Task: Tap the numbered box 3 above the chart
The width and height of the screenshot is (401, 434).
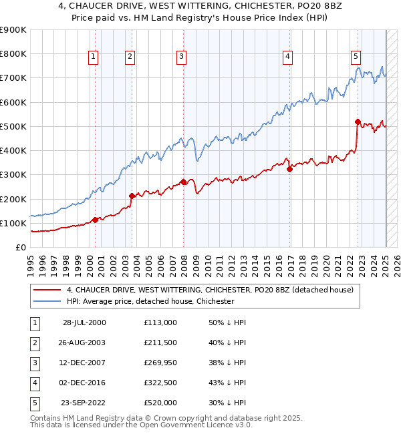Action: [x=181, y=57]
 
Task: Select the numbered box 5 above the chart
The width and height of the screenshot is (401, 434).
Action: [x=356, y=57]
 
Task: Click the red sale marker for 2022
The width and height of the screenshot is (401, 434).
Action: [x=358, y=122]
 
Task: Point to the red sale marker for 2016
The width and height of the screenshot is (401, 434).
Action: [x=289, y=169]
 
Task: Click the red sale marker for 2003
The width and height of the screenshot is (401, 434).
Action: [x=132, y=196]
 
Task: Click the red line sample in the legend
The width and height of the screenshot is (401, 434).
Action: [x=48, y=290]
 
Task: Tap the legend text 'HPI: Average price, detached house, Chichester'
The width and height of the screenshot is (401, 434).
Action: [x=150, y=301]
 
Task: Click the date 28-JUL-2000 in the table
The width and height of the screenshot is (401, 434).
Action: [x=84, y=322]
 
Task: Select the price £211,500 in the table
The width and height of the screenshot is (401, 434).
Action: [x=160, y=343]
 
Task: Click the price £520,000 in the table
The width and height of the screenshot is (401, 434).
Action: [x=160, y=403]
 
